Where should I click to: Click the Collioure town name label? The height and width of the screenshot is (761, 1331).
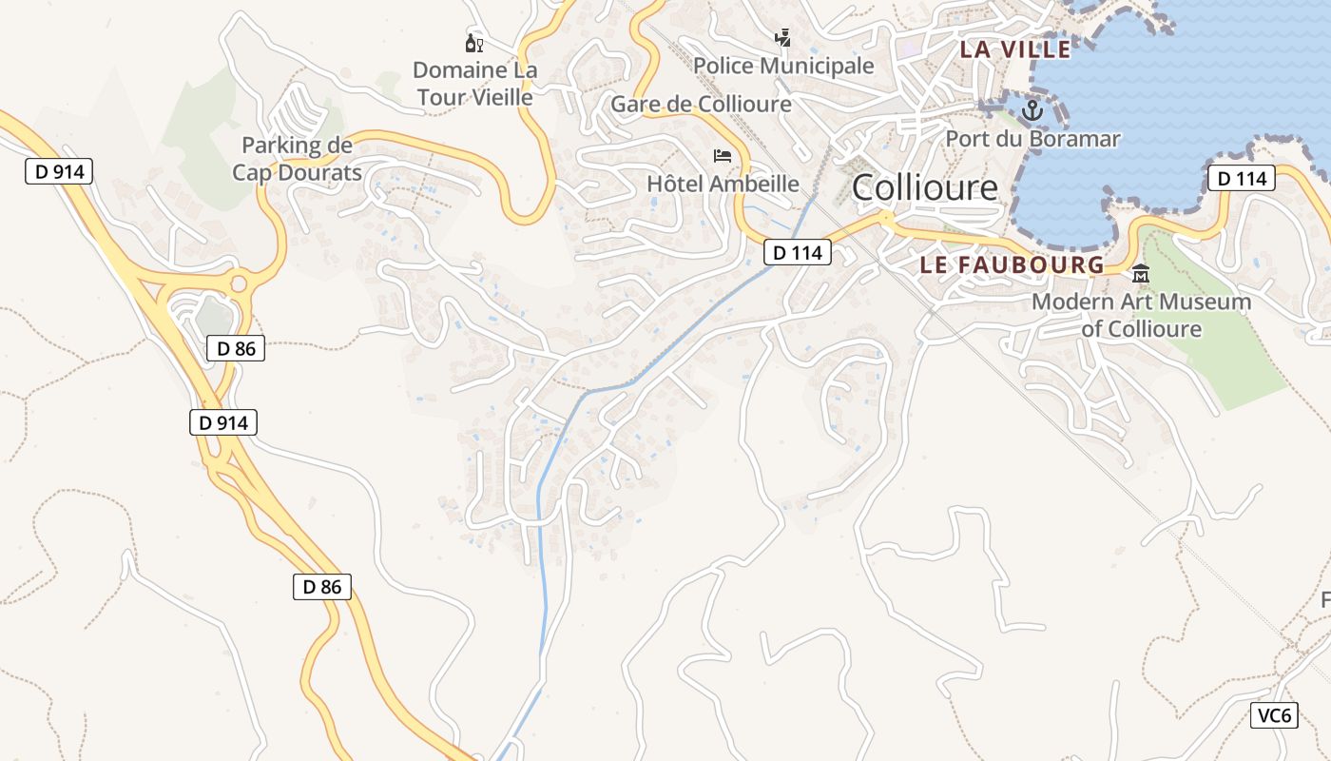point(924,187)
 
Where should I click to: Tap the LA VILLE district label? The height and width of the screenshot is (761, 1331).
point(1014,49)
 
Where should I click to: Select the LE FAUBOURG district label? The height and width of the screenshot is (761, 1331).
point(1012,265)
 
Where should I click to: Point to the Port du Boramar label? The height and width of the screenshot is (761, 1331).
point(1032,139)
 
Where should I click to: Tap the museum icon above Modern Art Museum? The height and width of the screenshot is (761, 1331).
point(1140,275)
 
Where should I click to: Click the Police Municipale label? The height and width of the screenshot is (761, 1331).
point(782,66)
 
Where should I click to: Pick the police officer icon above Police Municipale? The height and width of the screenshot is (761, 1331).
point(782,39)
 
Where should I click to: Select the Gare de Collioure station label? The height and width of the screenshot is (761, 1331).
point(701,104)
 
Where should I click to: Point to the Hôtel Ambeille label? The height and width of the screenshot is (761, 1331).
point(723,184)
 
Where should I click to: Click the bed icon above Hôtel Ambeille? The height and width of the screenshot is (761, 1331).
point(723,155)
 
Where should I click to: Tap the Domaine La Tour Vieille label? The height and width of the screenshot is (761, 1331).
point(474,83)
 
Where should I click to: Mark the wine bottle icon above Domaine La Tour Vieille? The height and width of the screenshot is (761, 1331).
point(473,43)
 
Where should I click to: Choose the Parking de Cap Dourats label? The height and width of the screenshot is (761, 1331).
point(297,159)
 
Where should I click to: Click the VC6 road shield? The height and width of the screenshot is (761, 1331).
point(1273,716)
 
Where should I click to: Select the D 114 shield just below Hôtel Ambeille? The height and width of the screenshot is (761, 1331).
point(798,253)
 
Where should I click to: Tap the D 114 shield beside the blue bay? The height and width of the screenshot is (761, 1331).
point(1241,178)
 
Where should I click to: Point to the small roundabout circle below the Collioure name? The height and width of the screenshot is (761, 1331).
point(886,219)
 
